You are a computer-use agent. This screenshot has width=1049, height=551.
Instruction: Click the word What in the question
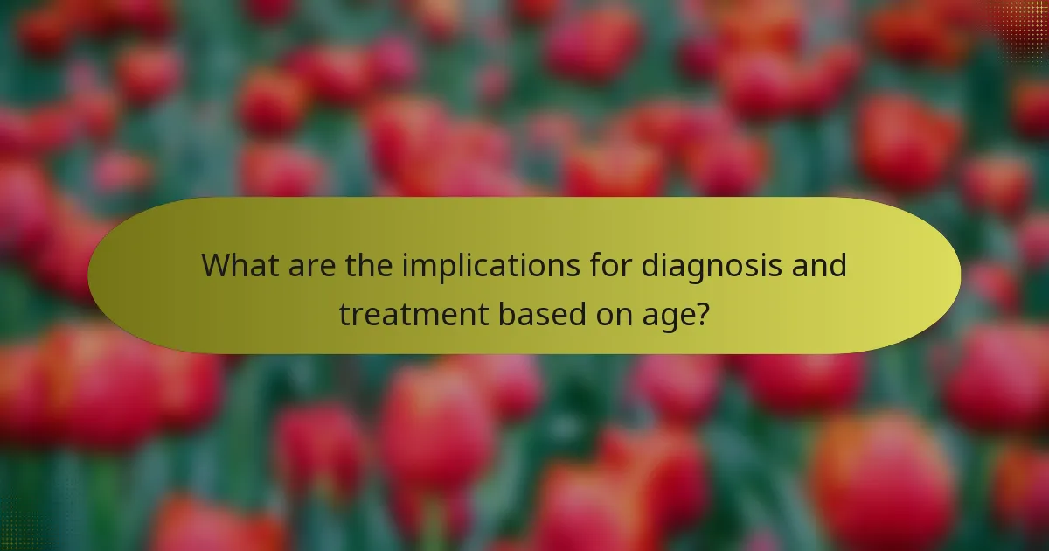point(238,265)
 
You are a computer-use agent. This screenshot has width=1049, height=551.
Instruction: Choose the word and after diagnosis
point(819,265)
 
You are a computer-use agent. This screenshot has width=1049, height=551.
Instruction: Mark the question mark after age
point(702,313)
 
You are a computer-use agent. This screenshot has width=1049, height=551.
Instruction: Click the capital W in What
point(216,265)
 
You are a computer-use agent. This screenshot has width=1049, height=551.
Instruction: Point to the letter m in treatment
point(434,315)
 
